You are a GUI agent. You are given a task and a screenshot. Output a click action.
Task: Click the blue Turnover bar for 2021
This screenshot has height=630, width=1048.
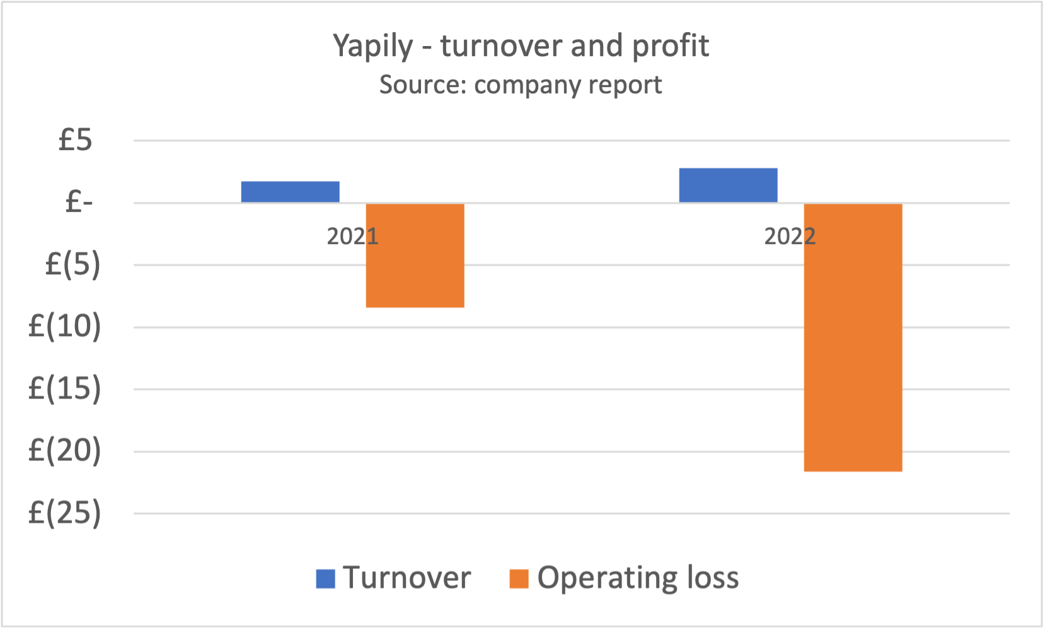pos(290,192)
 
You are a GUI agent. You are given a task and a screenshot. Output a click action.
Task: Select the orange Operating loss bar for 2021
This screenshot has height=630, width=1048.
pos(415,255)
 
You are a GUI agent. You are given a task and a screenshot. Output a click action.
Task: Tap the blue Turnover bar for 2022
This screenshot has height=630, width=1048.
pos(728,185)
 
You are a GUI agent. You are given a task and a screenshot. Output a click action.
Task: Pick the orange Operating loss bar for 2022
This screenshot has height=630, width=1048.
pos(853,337)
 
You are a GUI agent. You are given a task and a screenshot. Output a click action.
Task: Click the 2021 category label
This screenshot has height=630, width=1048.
pos(352,236)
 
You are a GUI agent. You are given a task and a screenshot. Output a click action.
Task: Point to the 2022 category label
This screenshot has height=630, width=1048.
pos(790,236)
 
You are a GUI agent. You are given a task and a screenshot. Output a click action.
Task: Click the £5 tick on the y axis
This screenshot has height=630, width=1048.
pos(76,140)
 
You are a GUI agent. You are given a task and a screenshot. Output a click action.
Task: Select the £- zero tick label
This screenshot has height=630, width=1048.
pos(79,202)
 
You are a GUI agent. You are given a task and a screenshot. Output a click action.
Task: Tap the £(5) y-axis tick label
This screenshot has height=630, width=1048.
pos(72,264)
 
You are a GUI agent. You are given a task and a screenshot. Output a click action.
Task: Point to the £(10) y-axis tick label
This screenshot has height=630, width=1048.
pos(65,327)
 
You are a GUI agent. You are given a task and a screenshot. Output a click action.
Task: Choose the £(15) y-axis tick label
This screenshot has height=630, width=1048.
pos(65,388)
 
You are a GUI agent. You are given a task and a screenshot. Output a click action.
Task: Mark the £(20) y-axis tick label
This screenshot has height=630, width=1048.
pos(65,451)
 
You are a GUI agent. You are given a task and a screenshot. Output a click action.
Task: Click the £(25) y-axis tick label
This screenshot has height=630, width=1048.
pos(65,513)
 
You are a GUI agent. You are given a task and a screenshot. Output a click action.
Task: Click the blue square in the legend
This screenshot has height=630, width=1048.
pos(325,578)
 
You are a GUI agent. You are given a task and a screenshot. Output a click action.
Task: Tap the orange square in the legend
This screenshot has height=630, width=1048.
pos(519,578)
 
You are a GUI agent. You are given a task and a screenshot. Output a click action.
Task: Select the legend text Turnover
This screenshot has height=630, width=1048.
pos(407,578)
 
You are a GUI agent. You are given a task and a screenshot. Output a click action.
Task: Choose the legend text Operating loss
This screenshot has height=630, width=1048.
pos(638,578)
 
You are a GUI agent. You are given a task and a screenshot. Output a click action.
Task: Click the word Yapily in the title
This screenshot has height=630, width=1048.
pos(372,46)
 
